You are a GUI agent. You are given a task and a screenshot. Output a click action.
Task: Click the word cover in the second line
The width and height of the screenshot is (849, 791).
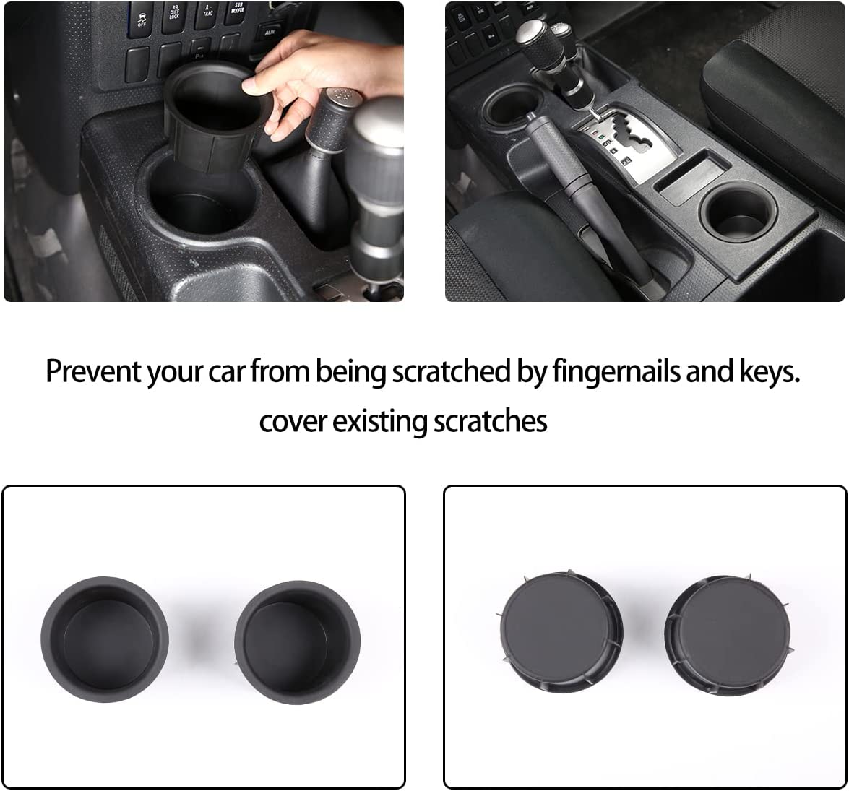pos(293,420)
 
